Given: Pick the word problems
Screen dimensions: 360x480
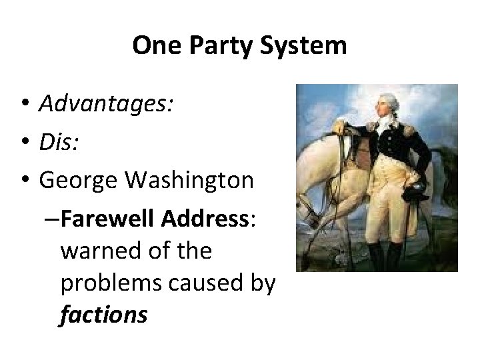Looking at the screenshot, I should point(110,283).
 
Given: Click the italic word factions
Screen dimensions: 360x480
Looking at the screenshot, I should point(103,315).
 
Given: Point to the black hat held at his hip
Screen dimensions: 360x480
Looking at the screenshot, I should point(415,194).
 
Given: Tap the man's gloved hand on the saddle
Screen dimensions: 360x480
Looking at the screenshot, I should point(339,127).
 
